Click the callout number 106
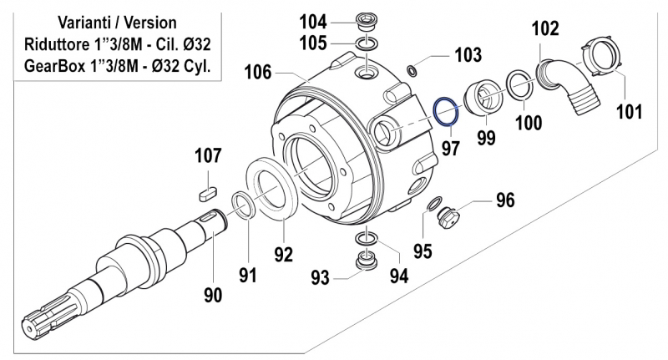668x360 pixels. [x=258, y=73]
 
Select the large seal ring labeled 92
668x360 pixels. [x=272, y=191]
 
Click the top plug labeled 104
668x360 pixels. [x=365, y=20]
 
